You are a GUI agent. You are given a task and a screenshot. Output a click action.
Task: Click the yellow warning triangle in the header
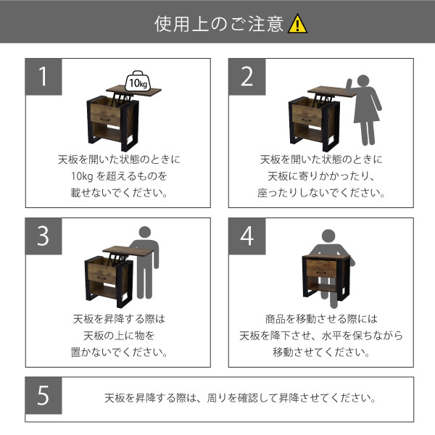point(297,24)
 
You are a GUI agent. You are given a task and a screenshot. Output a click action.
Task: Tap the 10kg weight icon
point(138,81)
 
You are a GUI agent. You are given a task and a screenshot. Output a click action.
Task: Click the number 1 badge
point(43,77)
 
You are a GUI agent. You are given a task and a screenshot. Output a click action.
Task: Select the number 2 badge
point(247,77)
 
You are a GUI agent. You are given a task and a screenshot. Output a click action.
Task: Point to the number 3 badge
point(43,236)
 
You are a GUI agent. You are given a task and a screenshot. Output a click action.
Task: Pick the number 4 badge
point(247,236)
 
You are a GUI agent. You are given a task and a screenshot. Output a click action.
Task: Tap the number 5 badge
point(43,395)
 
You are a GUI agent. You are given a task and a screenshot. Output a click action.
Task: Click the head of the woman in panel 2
point(363,80)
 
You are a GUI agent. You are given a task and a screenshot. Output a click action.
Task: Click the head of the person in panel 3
point(145,232)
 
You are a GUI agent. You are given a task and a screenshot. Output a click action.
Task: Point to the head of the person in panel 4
point(328,236)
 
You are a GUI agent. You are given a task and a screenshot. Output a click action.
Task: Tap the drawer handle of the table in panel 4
point(321,273)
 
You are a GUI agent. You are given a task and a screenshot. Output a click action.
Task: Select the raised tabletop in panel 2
point(332,92)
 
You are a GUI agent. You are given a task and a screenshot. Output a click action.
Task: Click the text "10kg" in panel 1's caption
point(82,176)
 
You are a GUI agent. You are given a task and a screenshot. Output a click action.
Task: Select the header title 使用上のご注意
point(219,24)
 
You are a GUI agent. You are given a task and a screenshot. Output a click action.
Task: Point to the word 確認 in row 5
point(248,398)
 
